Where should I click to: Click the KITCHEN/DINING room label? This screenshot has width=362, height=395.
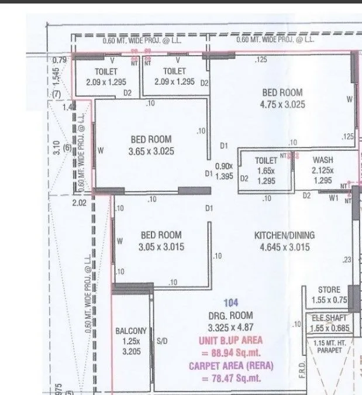284,235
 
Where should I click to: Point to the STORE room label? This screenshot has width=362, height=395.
329,290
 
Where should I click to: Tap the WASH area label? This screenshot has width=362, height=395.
323,160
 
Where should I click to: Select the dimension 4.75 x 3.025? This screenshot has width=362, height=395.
282,105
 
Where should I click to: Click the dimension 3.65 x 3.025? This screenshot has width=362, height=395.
151,151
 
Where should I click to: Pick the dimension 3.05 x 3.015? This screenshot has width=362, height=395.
161,247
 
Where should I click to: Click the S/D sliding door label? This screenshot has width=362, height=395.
162,341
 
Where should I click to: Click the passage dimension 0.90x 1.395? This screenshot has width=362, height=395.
224,171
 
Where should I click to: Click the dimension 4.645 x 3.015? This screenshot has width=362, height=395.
284,248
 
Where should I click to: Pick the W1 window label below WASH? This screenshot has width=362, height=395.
334,197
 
